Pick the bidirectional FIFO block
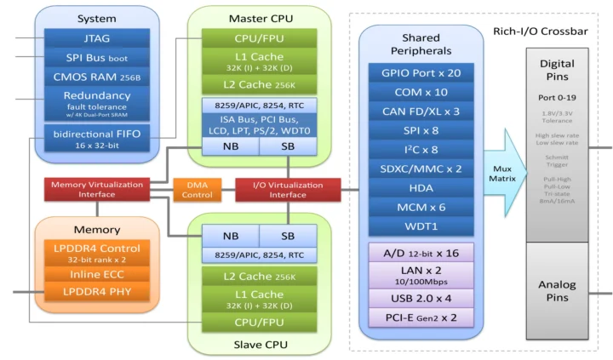[85, 139]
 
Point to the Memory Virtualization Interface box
[97, 190]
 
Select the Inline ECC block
[97, 274]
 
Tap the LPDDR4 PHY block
[97, 293]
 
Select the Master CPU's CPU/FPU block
[259, 38]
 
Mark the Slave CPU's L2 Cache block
[259, 277]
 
